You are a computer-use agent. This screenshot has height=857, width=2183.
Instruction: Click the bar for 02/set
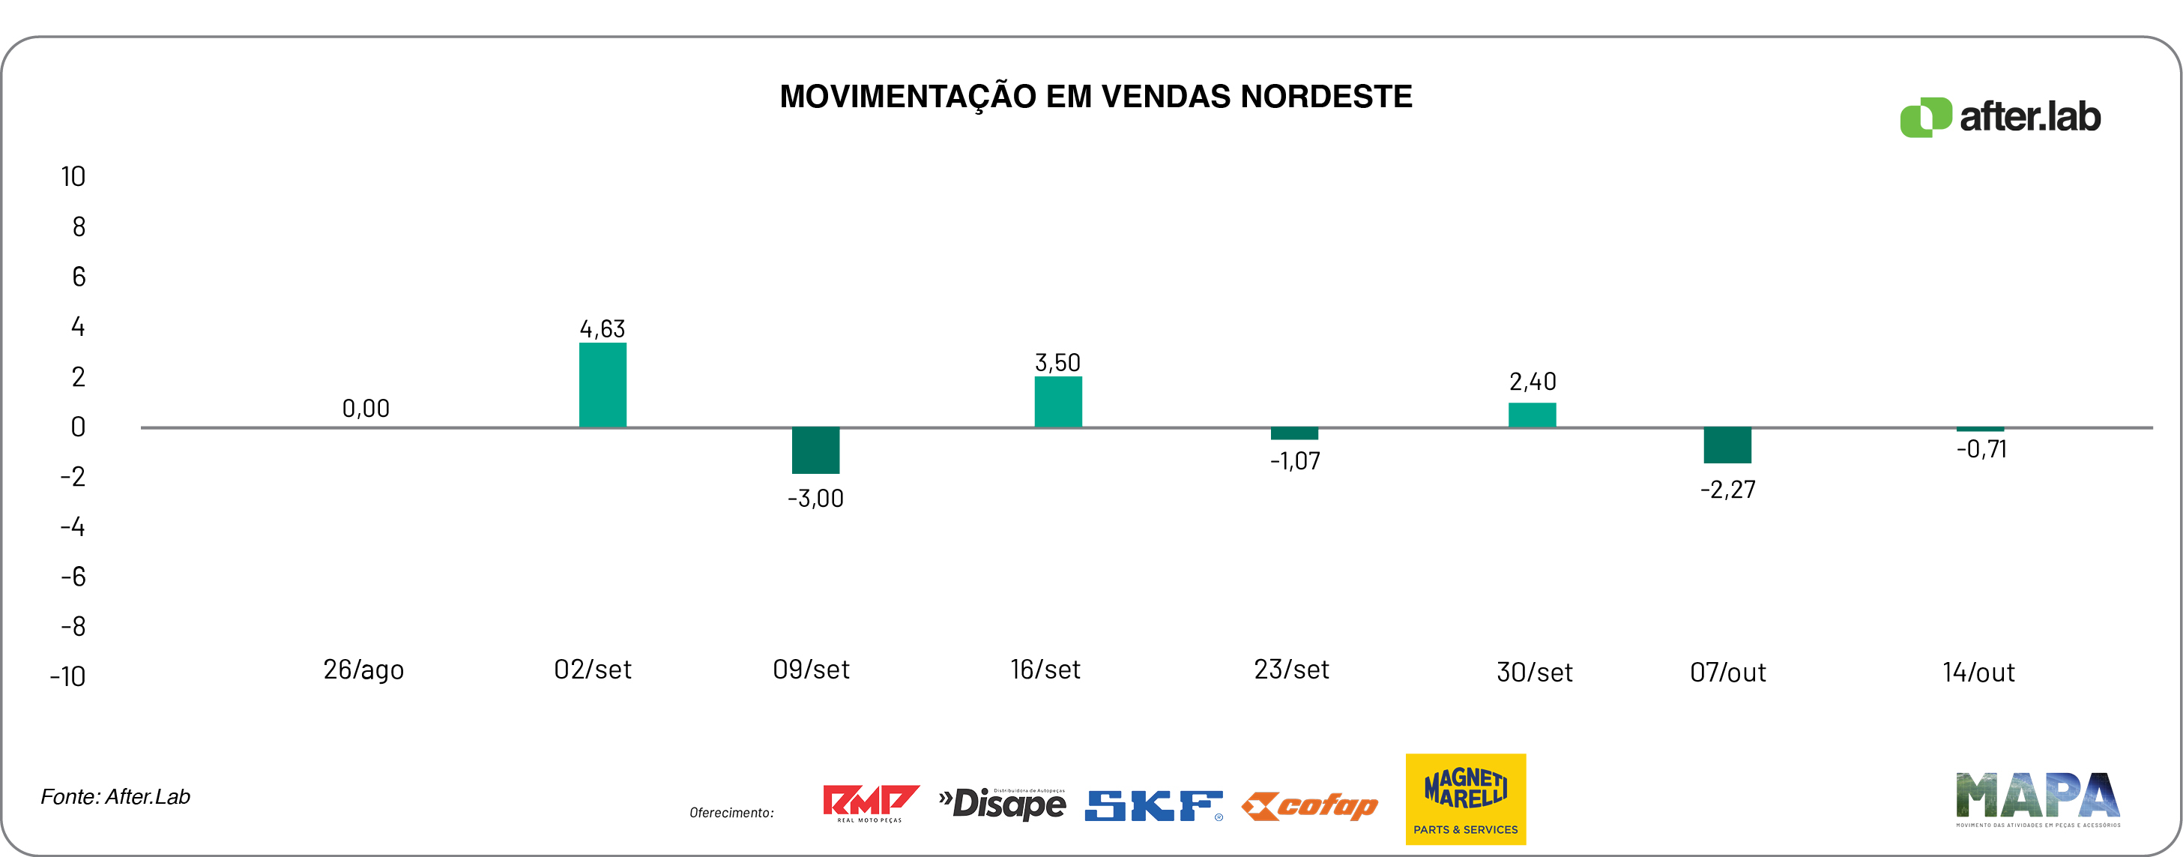(x=603, y=385)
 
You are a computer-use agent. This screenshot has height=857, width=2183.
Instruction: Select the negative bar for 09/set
(x=815, y=450)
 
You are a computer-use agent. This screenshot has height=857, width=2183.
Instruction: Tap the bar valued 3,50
(x=1057, y=402)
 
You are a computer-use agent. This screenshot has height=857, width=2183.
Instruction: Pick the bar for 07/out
(x=1727, y=445)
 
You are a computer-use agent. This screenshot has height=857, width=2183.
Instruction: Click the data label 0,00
(x=365, y=409)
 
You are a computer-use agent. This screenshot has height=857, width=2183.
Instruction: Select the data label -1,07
(x=1294, y=461)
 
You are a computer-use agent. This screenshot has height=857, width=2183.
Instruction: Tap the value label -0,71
(x=1981, y=449)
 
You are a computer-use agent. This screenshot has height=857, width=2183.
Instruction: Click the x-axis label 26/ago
(x=363, y=670)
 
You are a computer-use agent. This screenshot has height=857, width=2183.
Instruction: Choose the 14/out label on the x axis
(x=1978, y=673)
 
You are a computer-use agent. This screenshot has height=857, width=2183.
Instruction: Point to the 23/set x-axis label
(x=1291, y=670)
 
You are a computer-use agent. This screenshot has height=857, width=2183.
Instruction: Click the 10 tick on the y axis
(x=73, y=176)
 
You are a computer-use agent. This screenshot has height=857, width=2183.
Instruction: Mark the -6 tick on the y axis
(x=73, y=577)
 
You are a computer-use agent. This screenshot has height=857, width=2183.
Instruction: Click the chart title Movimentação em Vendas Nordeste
(x=1095, y=97)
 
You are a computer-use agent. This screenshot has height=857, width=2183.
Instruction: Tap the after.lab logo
(x=2000, y=117)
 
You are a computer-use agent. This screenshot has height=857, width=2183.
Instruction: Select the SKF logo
(x=1153, y=805)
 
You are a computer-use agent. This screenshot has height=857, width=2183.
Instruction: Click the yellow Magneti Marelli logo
(x=1465, y=799)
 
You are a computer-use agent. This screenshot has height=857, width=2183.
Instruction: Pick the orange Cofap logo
(x=1309, y=806)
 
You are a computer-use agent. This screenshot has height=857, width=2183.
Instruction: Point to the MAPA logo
(x=2037, y=799)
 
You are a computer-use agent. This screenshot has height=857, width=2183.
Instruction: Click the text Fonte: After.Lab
(x=115, y=797)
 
